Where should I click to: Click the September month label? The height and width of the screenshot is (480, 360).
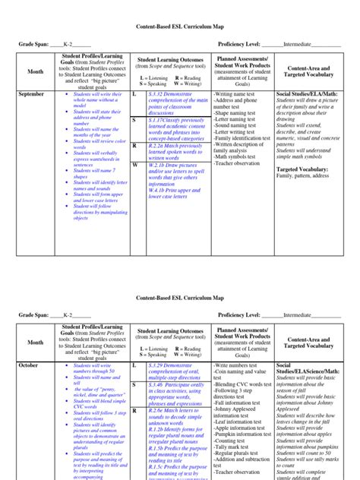pos(31,93)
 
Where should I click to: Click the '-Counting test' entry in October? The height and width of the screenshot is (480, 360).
pos(232,441)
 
